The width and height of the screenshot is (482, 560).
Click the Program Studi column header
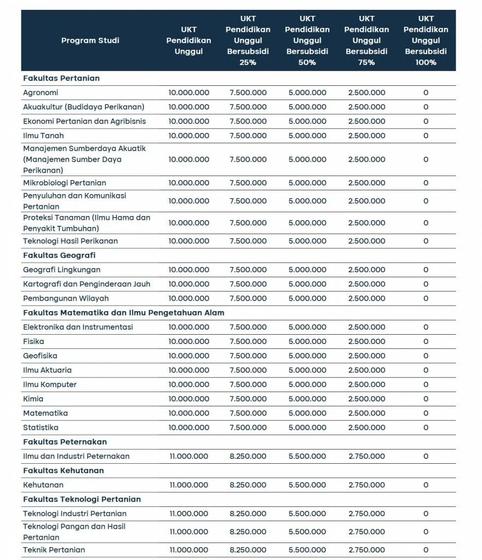tap(90, 40)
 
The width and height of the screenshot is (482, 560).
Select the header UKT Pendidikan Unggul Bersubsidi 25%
tap(248, 40)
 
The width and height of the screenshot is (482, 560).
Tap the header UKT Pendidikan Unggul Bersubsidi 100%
tap(426, 40)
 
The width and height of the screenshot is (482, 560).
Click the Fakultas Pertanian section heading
tap(61, 78)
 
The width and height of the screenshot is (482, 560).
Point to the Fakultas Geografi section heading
tap(59, 255)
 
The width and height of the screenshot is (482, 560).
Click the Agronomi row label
tap(40, 93)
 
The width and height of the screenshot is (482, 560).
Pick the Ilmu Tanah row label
tap(43, 136)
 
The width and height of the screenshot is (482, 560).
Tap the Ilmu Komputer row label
tap(50, 384)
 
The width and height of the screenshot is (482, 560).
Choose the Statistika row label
tap(40, 428)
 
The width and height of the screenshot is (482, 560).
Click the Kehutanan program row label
tap(43, 485)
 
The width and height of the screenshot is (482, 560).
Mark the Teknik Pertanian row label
tap(54, 550)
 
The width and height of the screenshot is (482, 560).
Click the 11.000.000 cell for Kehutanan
tap(189, 485)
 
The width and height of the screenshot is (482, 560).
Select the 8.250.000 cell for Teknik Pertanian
tap(248, 550)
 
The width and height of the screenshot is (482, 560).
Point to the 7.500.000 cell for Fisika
tap(248, 342)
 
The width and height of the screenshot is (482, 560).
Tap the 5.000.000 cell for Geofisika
tap(307, 356)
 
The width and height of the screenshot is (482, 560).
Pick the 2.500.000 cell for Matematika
tap(367, 413)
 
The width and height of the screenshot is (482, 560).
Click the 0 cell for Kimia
tap(426, 399)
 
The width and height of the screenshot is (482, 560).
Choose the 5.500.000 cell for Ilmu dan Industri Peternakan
tap(307, 456)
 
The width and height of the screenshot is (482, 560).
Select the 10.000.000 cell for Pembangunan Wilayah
tap(189, 299)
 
